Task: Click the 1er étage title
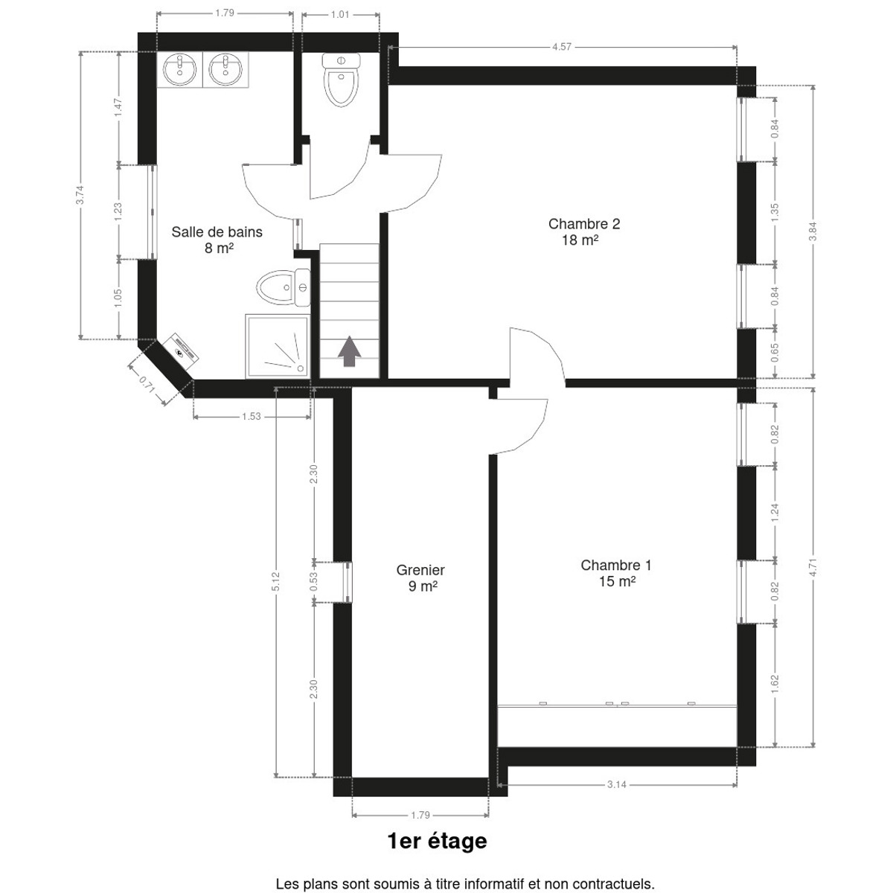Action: tap(437, 841)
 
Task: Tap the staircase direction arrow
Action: tap(349, 352)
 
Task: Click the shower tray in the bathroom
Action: tap(278, 346)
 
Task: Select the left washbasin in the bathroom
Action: tap(179, 69)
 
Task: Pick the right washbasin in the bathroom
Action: tap(225, 69)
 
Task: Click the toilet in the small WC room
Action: tap(342, 80)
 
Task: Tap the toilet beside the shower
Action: tap(284, 288)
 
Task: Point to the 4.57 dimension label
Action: tap(562, 47)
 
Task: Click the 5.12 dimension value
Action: tap(276, 581)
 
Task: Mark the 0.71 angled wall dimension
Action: tap(147, 385)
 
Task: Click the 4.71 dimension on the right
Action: tap(813, 568)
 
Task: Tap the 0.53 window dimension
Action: tap(314, 582)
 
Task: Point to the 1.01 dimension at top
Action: tap(339, 15)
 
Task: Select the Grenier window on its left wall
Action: tap(347, 582)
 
